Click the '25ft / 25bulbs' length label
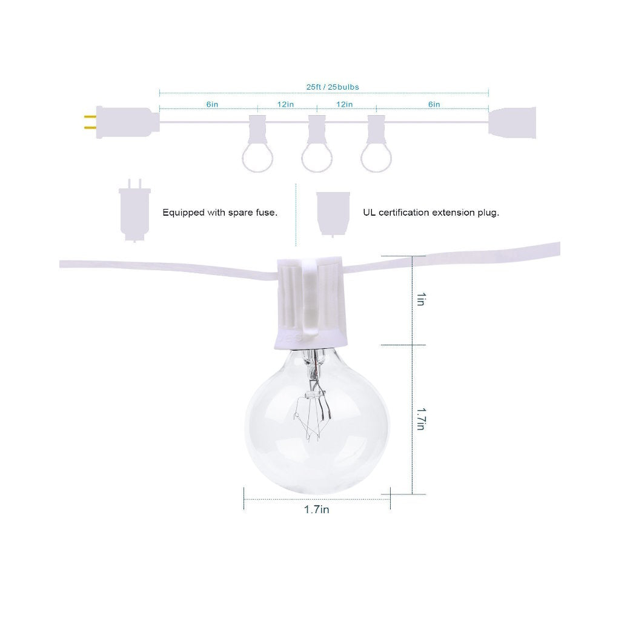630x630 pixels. point(333,87)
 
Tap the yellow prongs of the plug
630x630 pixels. point(90,122)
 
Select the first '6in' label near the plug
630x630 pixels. point(212,104)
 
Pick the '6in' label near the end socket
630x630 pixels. point(434,104)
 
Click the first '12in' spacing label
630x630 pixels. point(285,104)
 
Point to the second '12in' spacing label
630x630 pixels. point(344,104)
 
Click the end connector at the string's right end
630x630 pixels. point(512,122)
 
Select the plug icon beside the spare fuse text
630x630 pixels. point(134,211)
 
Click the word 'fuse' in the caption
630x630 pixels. point(265,212)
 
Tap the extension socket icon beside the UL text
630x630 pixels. point(333,214)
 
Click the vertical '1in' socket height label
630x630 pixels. point(420,299)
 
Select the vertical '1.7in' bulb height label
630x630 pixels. point(420,419)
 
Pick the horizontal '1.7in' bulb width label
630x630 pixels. point(317,509)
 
